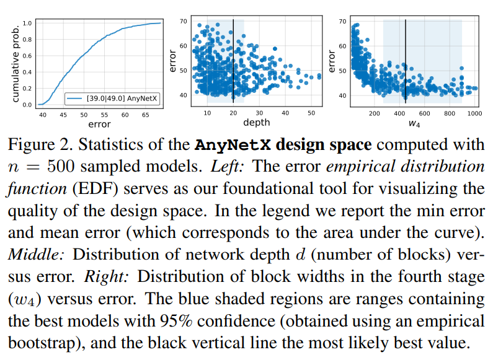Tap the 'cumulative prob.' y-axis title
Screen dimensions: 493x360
(x=16, y=64)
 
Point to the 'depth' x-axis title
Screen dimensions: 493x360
(x=257, y=123)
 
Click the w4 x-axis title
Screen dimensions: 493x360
(x=414, y=123)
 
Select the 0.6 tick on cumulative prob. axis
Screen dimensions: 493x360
(x=27, y=56)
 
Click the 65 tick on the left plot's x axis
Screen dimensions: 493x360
(x=145, y=115)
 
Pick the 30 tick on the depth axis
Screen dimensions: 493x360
(x=259, y=113)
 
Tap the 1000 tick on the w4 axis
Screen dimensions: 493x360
(x=474, y=113)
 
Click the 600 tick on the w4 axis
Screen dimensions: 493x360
(x=424, y=113)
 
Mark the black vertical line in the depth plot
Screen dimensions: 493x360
(x=233, y=61)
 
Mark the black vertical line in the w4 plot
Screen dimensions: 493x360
(x=406, y=61)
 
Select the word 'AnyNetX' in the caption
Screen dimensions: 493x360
(x=233, y=145)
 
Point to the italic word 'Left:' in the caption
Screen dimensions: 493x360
(x=228, y=167)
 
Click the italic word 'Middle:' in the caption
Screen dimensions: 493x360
(x=36, y=255)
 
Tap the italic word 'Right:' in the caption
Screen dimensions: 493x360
(x=106, y=276)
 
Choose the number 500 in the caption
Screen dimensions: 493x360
(x=61, y=167)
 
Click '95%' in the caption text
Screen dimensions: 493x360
(x=175, y=321)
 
